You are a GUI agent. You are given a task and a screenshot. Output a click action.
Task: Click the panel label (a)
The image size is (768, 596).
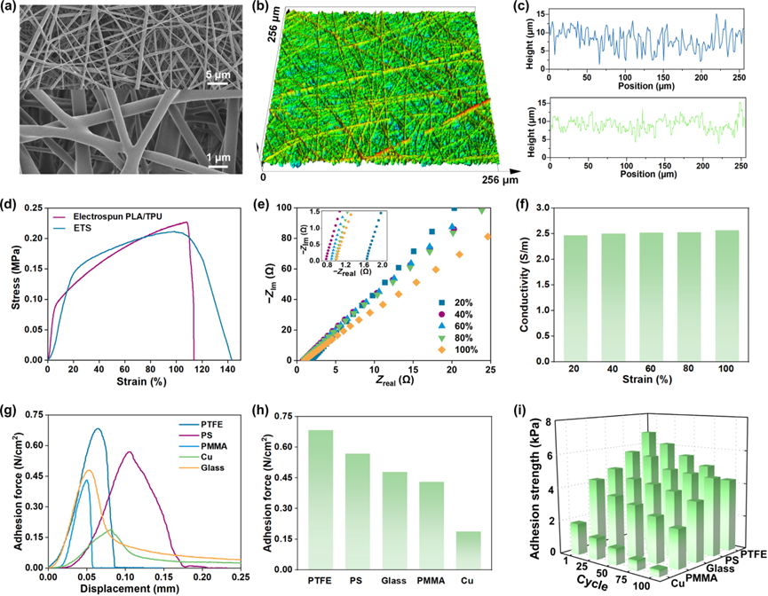pos(15,9)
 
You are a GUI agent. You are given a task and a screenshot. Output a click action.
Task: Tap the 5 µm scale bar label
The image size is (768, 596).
pos(217,76)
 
